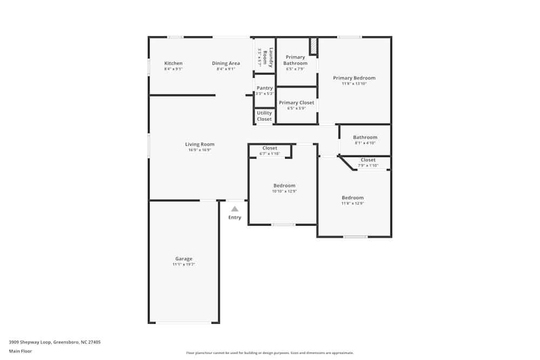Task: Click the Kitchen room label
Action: click(173, 64)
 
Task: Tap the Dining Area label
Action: click(226, 64)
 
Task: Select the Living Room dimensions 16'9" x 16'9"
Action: click(200, 150)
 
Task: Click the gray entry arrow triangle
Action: click(234, 209)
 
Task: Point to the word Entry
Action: click(235, 218)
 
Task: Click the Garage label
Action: click(184, 259)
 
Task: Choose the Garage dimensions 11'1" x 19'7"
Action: click(184, 264)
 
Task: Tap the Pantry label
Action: click(265, 88)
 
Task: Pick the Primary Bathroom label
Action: click(295, 60)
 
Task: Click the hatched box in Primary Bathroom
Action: click(313, 46)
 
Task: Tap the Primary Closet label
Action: click(296, 103)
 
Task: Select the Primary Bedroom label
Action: click(354, 78)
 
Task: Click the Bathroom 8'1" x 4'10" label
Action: click(365, 138)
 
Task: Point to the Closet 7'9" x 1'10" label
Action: click(368, 160)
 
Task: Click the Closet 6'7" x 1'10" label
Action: click(269, 148)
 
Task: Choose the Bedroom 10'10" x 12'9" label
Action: click(284, 186)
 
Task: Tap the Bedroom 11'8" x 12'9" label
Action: click(352, 198)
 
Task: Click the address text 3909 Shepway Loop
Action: click(55, 342)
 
